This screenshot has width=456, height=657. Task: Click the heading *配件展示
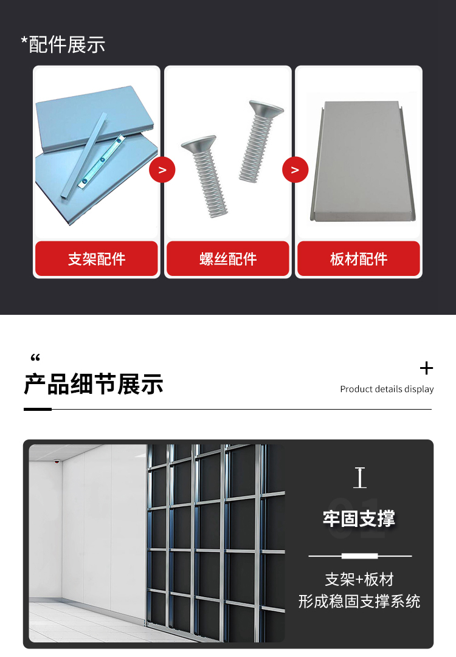(63, 44)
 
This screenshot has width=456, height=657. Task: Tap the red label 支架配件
(97, 258)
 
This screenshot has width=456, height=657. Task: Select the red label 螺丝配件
(228, 258)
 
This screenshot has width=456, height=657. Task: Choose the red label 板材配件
(359, 258)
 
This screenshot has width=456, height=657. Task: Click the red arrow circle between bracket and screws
(162, 170)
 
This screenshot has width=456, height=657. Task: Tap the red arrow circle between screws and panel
(295, 170)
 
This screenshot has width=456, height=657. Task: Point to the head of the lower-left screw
(198, 145)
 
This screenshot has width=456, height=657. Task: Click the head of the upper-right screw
(266, 108)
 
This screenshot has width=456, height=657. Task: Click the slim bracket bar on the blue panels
(83, 155)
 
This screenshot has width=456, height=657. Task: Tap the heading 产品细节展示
(94, 384)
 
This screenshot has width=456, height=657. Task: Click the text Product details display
(387, 389)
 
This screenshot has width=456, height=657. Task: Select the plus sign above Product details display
(426, 368)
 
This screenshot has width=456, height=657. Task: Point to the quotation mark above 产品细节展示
(35, 357)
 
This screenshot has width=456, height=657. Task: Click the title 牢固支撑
(359, 518)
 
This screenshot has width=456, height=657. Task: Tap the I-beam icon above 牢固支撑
(359, 478)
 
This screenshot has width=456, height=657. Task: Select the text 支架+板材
(359, 579)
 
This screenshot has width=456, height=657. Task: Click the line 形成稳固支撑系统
(359, 601)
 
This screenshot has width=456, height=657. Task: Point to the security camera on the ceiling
(57, 461)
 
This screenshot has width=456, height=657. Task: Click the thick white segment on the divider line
(359, 556)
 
